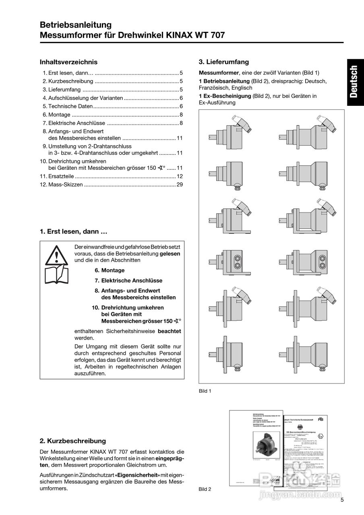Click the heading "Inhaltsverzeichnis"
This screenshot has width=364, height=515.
68,62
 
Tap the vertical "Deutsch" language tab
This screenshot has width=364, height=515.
353,82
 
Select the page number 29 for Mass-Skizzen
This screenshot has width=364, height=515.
180,185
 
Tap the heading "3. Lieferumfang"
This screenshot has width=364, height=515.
224,62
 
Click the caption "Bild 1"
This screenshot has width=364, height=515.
205,391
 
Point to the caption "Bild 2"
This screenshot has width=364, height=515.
205,489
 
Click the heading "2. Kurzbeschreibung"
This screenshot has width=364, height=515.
73,441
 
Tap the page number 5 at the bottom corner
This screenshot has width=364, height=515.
342,500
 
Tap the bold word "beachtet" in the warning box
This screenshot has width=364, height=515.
169,331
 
